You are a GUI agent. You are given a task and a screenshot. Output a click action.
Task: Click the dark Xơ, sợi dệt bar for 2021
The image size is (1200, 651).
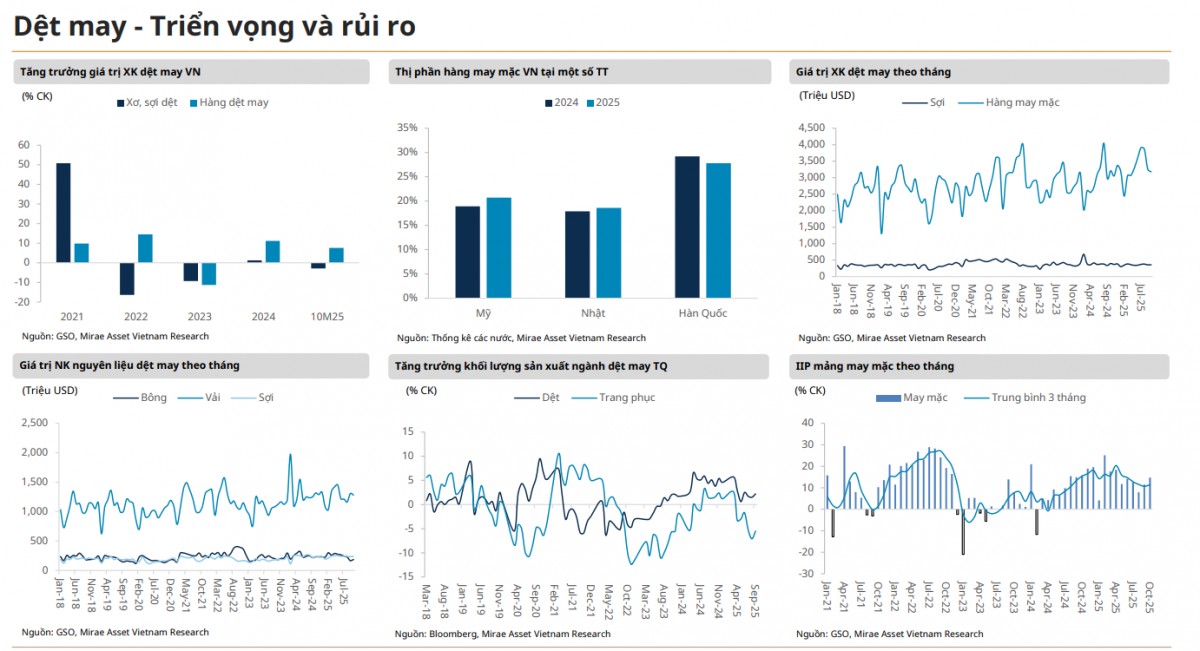[x=63, y=212]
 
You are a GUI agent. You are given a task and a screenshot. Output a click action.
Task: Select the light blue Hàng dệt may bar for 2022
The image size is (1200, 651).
[x=145, y=248]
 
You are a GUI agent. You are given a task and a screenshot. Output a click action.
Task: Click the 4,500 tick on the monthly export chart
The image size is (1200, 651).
[x=811, y=128]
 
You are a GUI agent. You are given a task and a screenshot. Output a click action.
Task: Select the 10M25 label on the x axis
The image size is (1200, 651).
[x=327, y=316]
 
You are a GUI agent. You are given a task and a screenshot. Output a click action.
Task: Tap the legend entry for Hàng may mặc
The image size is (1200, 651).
[x=1012, y=102]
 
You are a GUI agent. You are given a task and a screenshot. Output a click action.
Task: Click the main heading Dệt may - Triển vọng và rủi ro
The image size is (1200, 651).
[x=214, y=27]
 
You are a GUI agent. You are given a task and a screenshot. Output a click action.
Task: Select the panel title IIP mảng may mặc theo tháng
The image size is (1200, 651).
[x=875, y=366]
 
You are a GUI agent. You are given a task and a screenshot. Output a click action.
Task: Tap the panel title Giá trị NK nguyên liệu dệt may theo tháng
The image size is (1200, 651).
[x=130, y=366]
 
